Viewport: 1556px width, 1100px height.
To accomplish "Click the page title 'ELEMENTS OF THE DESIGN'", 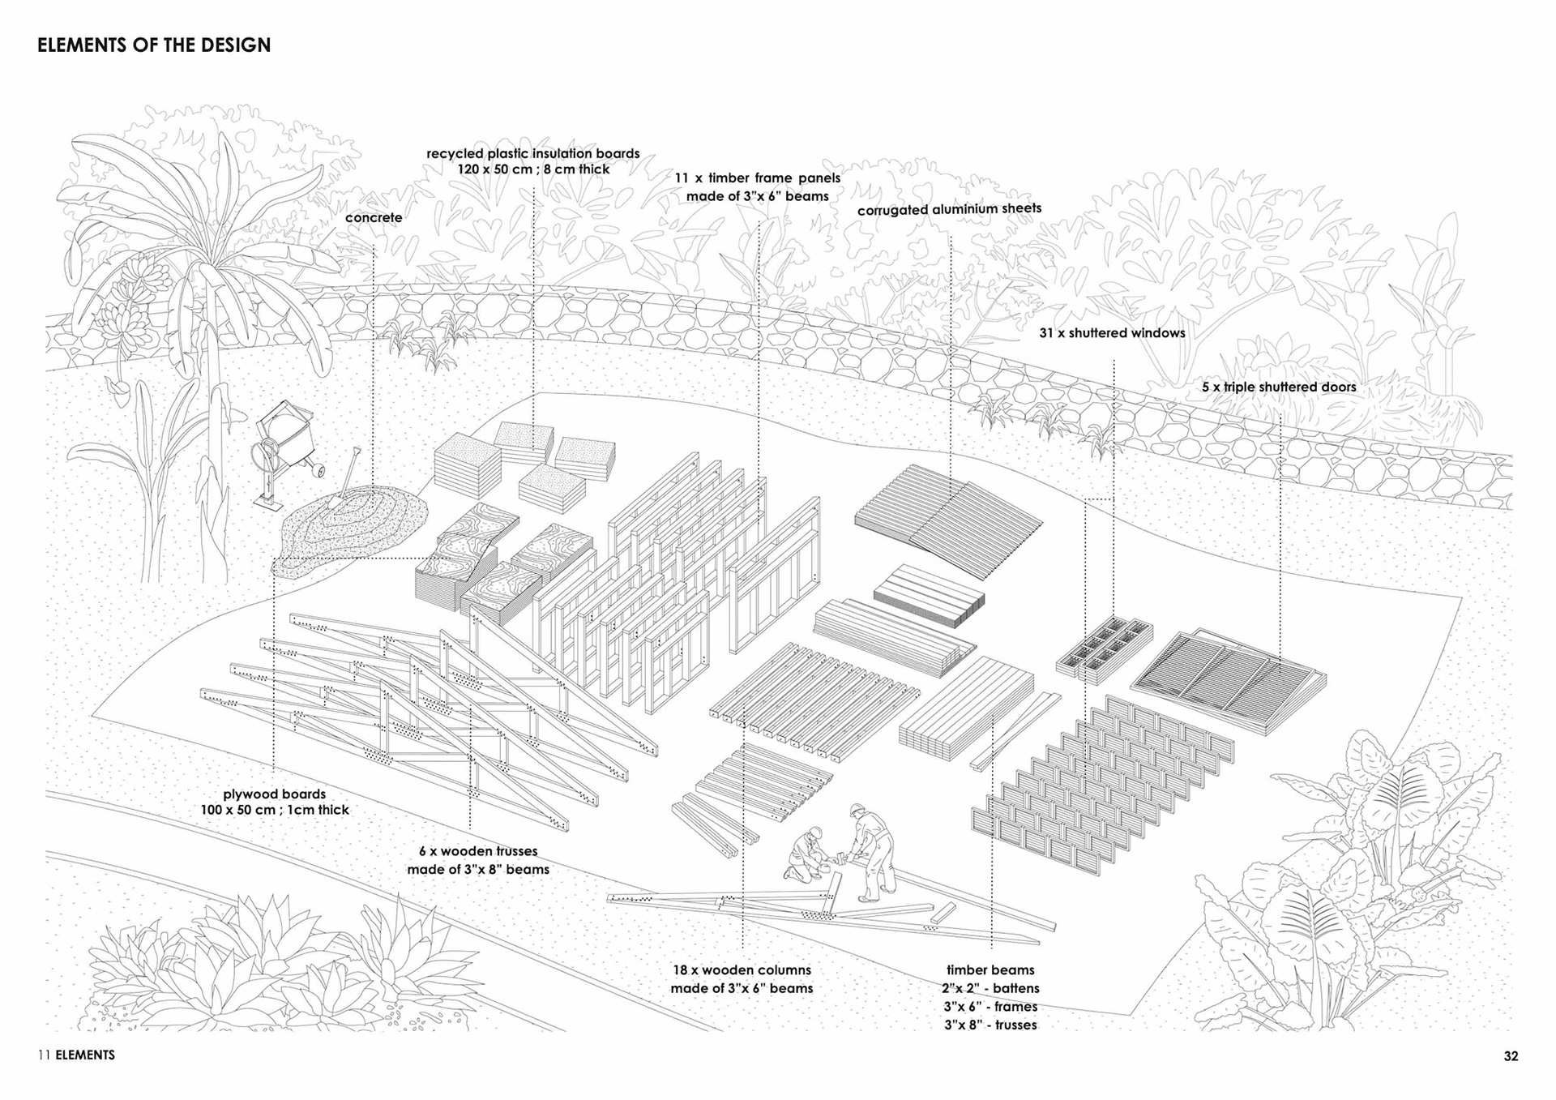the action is click(x=154, y=45).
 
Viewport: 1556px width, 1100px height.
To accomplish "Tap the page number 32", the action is click(x=1511, y=1056).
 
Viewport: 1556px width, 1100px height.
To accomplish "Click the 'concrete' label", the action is click(x=374, y=218).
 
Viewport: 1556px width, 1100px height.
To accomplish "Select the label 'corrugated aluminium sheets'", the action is click(x=949, y=209).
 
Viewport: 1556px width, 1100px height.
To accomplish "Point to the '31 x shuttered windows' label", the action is click(x=1112, y=333).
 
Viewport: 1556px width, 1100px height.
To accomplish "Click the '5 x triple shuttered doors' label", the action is click(x=1278, y=387).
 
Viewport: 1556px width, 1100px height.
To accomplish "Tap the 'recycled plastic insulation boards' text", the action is click(x=533, y=154).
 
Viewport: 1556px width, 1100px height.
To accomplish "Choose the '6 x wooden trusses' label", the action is click(x=478, y=852).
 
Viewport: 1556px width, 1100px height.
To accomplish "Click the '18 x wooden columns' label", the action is click(x=742, y=970).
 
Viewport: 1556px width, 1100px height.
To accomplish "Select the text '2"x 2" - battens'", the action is click(x=990, y=989).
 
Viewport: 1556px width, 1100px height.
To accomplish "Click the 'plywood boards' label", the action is click(x=275, y=794).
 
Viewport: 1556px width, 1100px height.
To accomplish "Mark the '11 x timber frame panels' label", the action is click(x=758, y=178).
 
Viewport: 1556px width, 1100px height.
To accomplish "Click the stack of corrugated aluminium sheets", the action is click(x=948, y=519).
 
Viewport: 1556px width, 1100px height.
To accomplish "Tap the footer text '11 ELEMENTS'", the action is click(x=76, y=1055).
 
